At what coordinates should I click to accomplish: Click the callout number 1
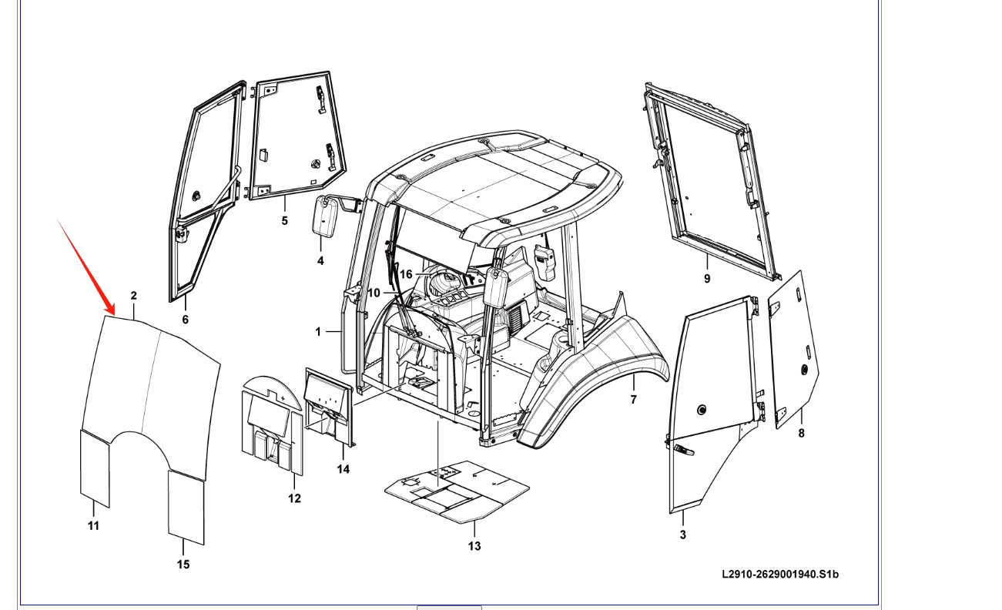click(318, 332)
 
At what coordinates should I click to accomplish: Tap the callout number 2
click(134, 296)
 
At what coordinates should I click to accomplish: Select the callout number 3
click(683, 535)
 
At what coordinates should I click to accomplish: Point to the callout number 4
click(320, 261)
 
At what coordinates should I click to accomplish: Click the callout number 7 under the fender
click(634, 400)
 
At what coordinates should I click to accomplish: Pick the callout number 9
click(707, 279)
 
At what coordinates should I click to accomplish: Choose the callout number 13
click(474, 546)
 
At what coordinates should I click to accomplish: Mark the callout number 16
click(406, 274)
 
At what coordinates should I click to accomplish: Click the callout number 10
click(374, 293)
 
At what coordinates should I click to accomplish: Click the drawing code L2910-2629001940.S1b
click(780, 574)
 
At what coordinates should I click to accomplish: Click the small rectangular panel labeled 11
click(95, 467)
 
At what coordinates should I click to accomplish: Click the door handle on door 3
click(682, 450)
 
